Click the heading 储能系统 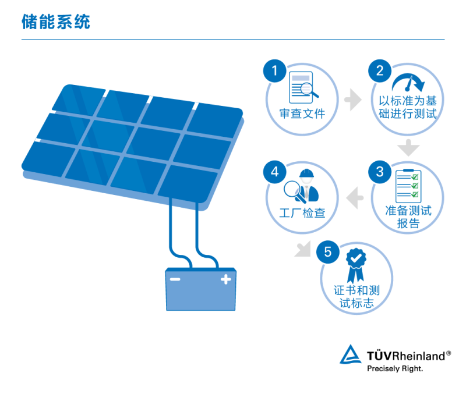coord(56,22)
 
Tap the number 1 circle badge coord(275,72)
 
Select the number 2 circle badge coord(379,72)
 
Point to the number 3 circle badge coord(379,172)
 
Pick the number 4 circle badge coord(275,172)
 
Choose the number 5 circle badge coord(328,251)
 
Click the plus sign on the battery coord(225,281)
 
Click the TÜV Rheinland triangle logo coord(351,355)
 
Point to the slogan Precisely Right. coord(394,368)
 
